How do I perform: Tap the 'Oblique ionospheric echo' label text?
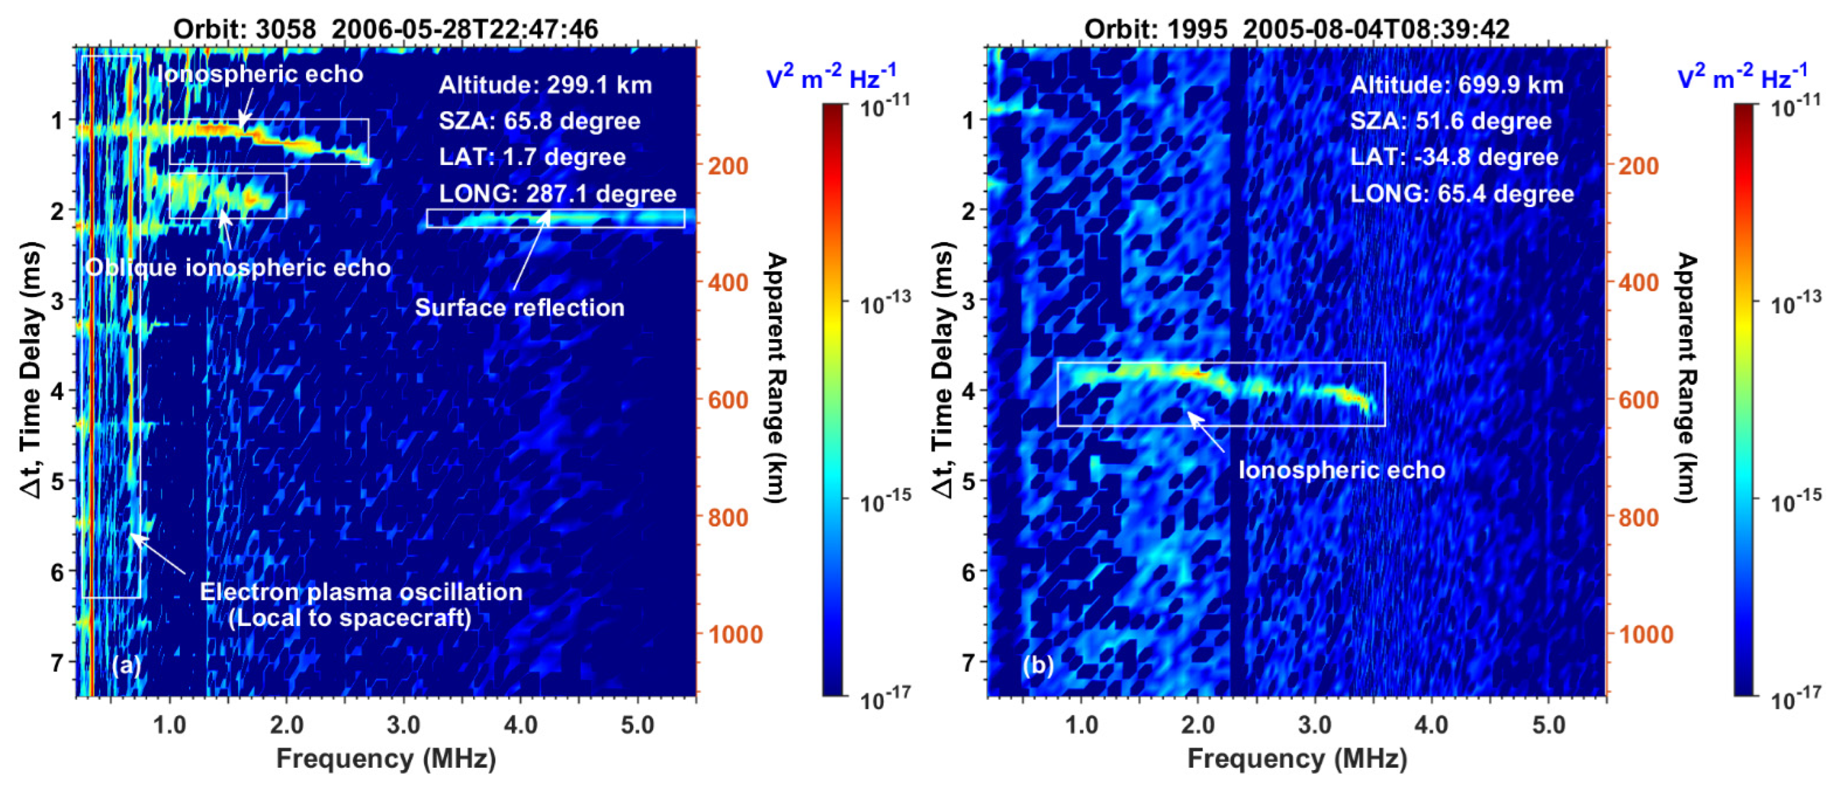[238, 267]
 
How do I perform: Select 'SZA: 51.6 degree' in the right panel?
[1450, 121]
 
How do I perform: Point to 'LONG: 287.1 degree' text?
[557, 193]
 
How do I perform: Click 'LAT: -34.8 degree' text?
[1454, 157]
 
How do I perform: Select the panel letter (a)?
[126, 664]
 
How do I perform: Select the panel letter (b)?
[1038, 664]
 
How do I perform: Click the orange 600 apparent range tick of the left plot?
[728, 400]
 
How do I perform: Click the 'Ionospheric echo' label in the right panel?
[1342, 470]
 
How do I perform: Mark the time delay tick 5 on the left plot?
[57, 481]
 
